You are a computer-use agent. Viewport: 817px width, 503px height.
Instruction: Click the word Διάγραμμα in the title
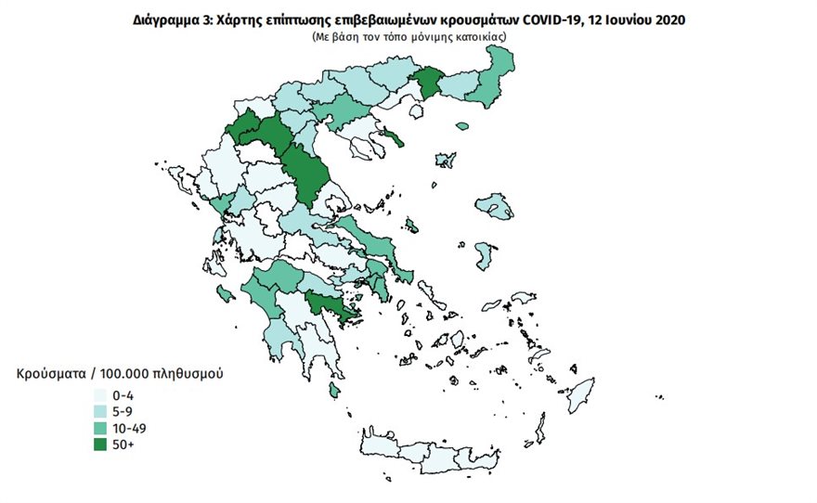[x=165, y=19]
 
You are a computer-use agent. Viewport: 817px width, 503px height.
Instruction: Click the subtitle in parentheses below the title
[x=408, y=35]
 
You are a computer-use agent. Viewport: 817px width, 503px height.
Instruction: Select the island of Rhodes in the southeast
[x=582, y=393]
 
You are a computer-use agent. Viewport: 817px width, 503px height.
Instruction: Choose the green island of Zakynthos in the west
[x=225, y=294]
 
